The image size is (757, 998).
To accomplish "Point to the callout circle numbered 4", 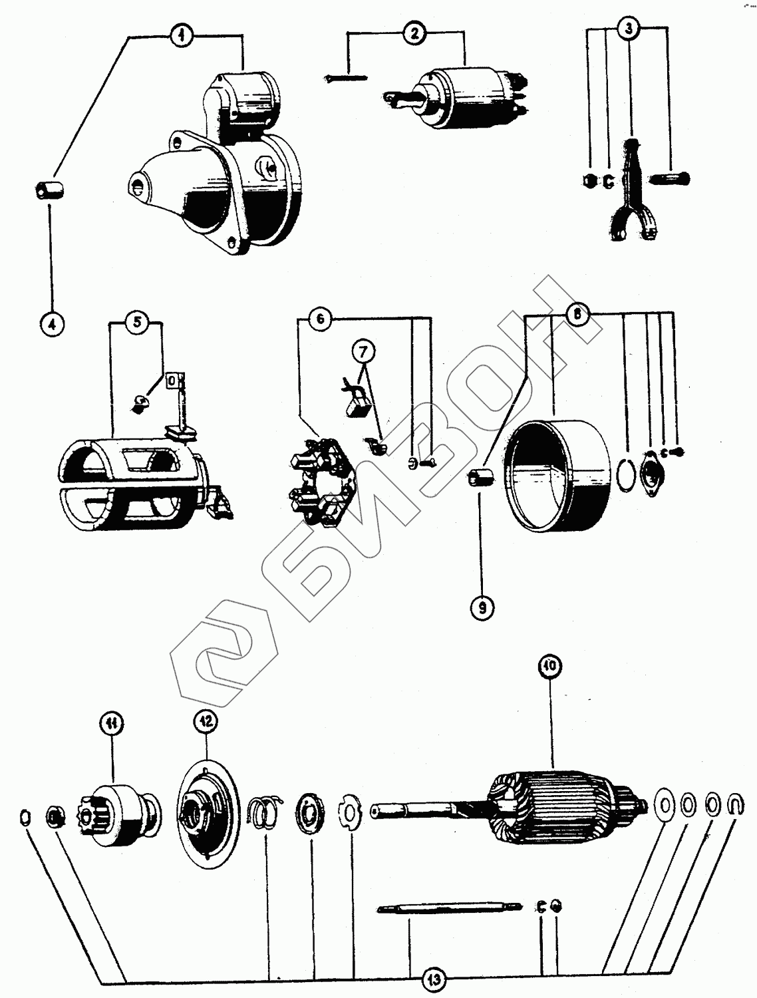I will click(x=52, y=324).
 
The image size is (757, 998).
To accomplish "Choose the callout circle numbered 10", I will click(x=551, y=667).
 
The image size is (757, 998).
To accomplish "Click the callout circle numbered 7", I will click(x=367, y=349).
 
